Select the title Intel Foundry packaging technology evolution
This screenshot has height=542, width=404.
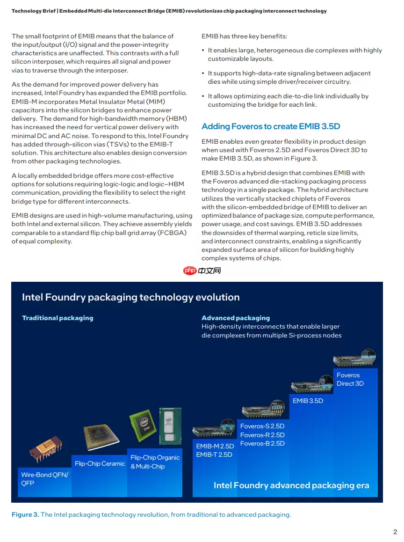(131, 297)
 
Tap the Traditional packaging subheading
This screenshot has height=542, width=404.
(58, 318)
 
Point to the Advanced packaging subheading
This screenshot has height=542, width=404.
(236, 318)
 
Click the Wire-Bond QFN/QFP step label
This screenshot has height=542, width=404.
(44, 479)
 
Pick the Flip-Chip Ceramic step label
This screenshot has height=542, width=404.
(100, 463)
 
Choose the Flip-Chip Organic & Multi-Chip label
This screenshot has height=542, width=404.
(155, 462)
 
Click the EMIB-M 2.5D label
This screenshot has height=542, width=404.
(215, 446)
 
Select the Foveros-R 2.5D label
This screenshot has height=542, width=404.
(262, 435)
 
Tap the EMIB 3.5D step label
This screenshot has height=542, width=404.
(308, 401)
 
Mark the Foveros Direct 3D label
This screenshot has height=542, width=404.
(350, 379)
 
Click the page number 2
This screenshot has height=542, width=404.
(395, 532)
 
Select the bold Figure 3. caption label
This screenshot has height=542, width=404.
(25, 514)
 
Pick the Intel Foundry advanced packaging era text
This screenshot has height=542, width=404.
(291, 485)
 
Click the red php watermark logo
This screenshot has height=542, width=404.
(189, 271)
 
